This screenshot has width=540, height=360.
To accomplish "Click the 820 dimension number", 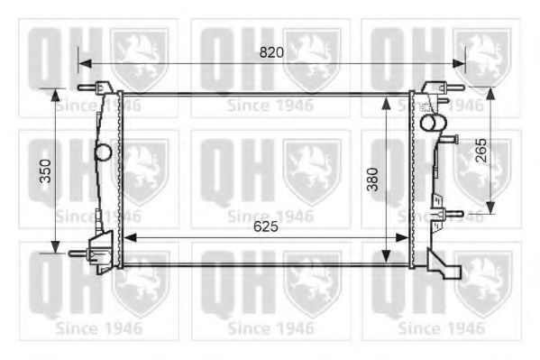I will point(271,52).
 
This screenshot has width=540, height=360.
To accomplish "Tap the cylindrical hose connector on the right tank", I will point(434,121).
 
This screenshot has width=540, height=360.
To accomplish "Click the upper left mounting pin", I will point(87,88).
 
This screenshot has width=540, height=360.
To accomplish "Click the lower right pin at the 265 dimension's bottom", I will point(454,215).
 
